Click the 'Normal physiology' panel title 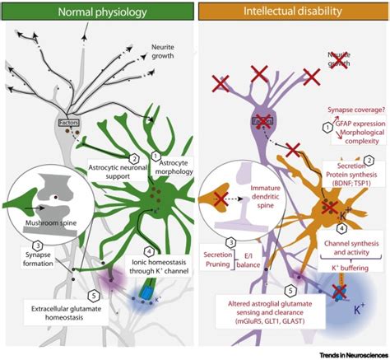[96, 12]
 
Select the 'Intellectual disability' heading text [291, 12]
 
